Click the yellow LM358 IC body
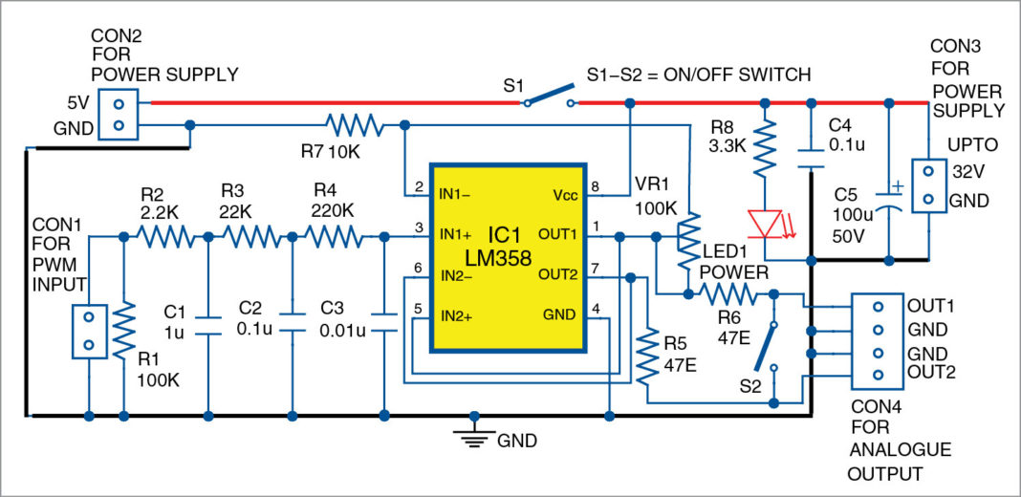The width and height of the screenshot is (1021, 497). pos(508,258)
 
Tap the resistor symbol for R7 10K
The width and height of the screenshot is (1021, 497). pos(354,124)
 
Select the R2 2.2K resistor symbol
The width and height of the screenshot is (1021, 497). pos(163,234)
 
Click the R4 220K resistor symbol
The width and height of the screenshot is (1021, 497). pos(330,234)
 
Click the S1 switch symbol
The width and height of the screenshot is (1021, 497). pos(550,98)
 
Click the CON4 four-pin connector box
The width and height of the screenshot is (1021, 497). pos(877,340)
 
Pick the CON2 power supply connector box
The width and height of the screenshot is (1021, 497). pos(119,113)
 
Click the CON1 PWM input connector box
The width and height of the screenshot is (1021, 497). pos(88,331)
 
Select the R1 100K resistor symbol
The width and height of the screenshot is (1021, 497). pos(122,330)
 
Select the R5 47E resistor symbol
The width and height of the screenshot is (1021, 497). pos(648,356)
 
